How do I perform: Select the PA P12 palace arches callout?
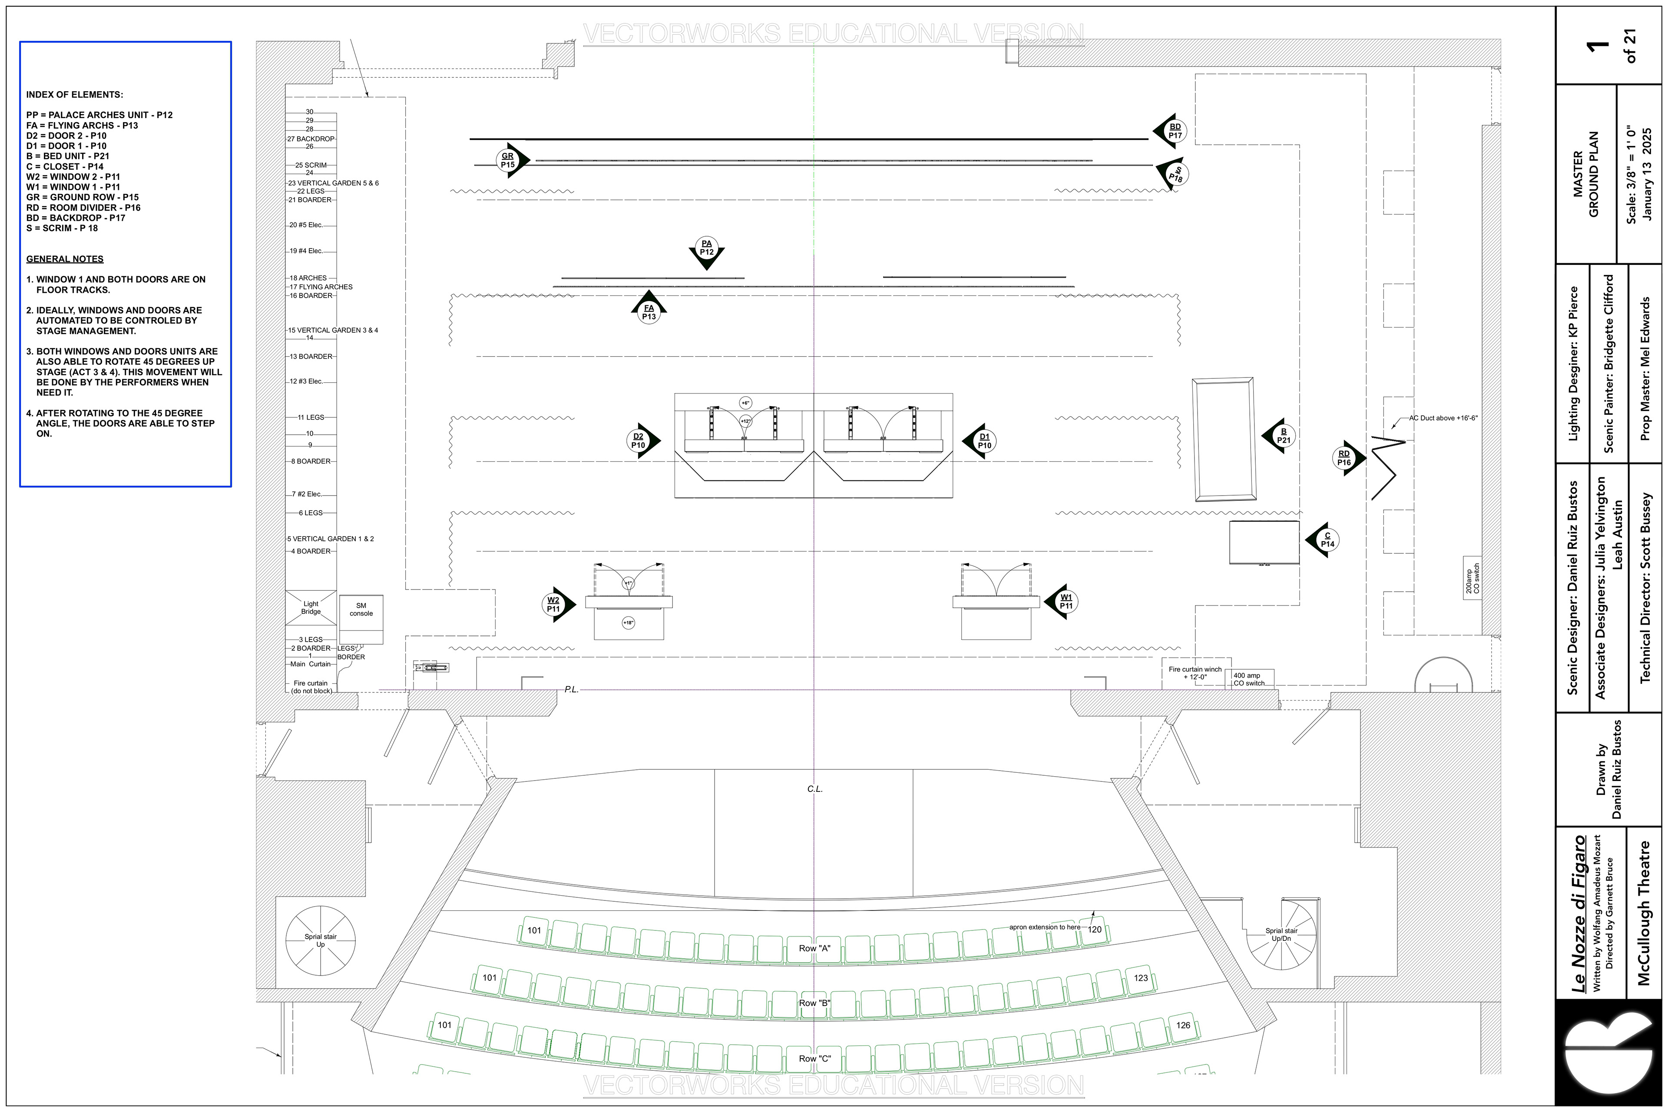(706, 248)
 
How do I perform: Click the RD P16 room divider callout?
(1344, 458)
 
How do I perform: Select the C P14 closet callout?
(1327, 540)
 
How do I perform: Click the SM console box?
(361, 619)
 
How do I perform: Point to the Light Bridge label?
(311, 608)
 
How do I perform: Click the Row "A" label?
(814, 948)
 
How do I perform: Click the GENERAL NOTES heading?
(65, 259)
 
